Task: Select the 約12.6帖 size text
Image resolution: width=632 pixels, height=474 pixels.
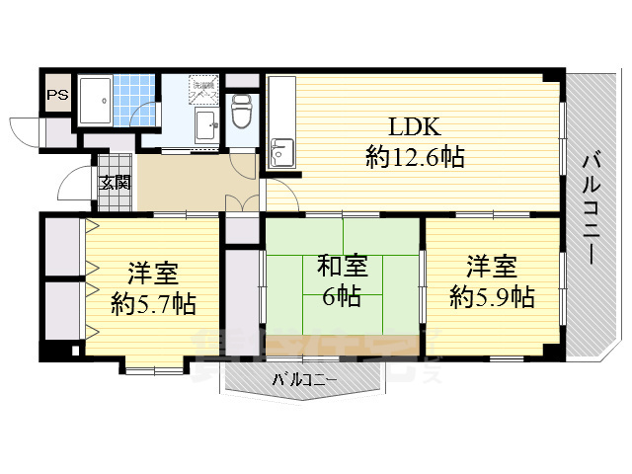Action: coord(414,156)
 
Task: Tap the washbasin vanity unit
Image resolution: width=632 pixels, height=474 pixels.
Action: coord(208,125)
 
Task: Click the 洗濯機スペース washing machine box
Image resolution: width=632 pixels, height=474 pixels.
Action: coord(203,87)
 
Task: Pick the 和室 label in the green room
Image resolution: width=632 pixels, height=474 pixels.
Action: coord(342,267)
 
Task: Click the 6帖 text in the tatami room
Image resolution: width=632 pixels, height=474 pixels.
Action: coord(342,295)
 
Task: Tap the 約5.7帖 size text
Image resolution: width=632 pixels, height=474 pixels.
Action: coord(152,303)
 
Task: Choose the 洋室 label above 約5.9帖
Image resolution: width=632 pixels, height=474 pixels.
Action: coord(492,266)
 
